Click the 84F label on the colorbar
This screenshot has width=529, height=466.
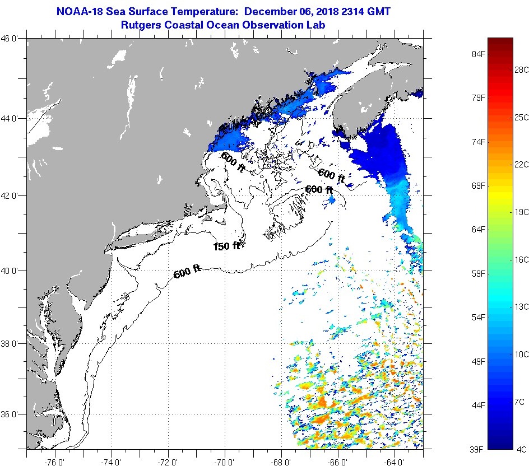(479, 54)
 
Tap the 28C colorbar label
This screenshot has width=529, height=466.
(521, 70)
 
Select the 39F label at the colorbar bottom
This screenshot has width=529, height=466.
(476, 449)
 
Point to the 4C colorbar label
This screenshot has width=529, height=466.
(521, 449)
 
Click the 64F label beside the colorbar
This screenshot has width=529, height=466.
(479, 230)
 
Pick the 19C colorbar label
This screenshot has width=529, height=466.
(521, 212)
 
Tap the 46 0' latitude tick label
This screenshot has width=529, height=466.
(9, 39)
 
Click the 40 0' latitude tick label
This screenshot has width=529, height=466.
(9, 271)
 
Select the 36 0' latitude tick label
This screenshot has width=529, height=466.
(9, 414)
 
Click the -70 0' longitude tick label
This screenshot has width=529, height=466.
(224, 462)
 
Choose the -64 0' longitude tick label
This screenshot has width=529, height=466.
(394, 462)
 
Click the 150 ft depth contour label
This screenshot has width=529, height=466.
(226, 246)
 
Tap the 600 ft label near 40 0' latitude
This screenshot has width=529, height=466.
(187, 272)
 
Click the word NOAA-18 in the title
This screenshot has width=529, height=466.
(80, 11)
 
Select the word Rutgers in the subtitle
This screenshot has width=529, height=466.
(141, 25)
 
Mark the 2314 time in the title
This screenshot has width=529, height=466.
(352, 11)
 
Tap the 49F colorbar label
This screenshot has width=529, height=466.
(479, 361)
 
